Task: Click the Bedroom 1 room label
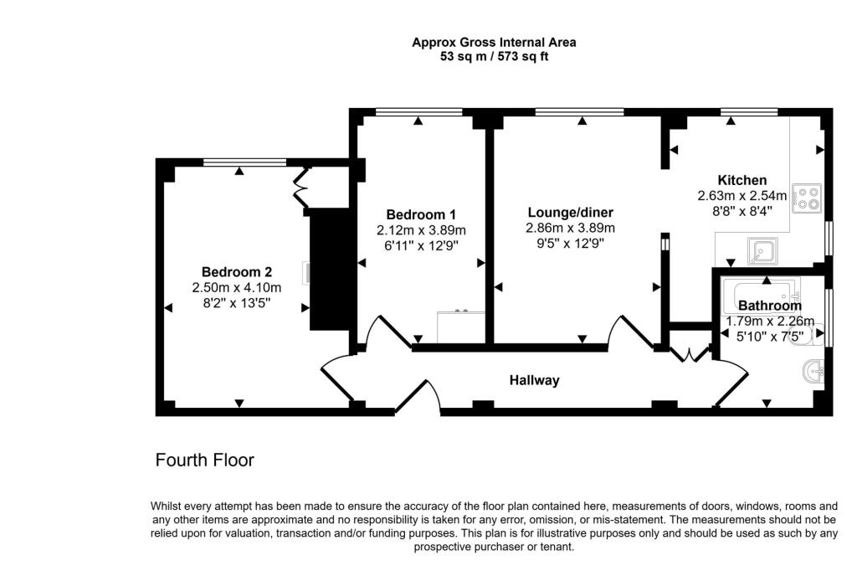[x=421, y=213]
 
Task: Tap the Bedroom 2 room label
[x=237, y=272]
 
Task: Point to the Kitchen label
[x=742, y=180]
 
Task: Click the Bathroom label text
[x=769, y=306]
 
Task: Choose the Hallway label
[x=535, y=380]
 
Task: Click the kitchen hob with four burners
[x=808, y=198]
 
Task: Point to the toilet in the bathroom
[x=816, y=333]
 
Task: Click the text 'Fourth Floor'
[x=205, y=460]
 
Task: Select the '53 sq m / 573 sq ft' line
[x=494, y=57]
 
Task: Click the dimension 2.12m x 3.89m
[x=421, y=229]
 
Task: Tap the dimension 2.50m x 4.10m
[x=237, y=287]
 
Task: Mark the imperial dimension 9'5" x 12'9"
[x=570, y=244]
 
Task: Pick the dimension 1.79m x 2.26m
[x=769, y=321]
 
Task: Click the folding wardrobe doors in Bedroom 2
[x=300, y=188]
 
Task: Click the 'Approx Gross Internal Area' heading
[x=494, y=42]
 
